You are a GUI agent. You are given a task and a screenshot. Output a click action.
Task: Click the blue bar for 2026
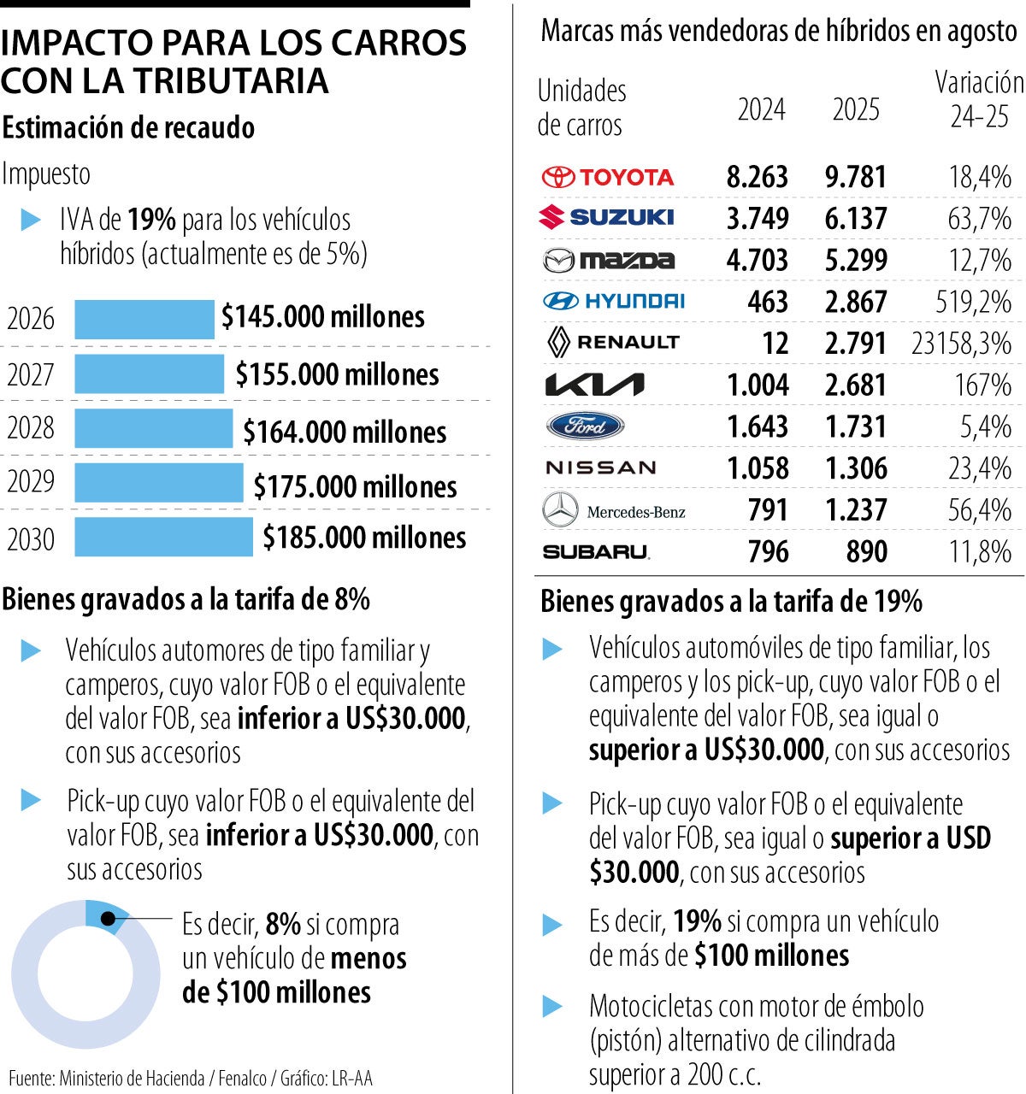point(144,319)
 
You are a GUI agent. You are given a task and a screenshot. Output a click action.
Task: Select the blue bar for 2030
point(163,538)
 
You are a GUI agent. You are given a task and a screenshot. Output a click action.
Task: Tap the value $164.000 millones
point(345,432)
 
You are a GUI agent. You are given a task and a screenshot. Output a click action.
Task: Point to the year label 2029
point(31,482)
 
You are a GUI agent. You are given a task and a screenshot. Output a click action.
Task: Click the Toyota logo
point(608,177)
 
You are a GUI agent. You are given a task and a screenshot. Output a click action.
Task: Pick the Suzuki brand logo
point(606,217)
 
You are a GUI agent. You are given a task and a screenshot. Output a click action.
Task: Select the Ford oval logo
point(586,426)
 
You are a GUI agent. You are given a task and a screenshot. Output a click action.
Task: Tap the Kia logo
point(595,385)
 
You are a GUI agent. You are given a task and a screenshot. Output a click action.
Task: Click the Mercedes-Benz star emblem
point(561,510)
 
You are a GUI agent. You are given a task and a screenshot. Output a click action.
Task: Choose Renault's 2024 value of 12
point(775,344)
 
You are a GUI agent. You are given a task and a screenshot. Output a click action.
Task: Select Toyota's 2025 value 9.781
point(856,177)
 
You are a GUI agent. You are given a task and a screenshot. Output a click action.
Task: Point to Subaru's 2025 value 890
point(866,552)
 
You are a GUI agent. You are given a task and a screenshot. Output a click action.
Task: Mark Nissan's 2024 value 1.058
point(758,468)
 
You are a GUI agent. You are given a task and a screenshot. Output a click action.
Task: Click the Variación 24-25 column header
point(979,99)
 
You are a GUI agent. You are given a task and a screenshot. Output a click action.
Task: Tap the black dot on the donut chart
point(109,919)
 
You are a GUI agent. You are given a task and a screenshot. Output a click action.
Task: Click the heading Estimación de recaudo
point(128,128)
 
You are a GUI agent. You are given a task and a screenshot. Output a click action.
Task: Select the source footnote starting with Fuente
point(191,1079)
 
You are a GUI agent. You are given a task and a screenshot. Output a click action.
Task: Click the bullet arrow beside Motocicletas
point(553,1007)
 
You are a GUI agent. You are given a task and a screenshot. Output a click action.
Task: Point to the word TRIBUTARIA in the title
point(231,80)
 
